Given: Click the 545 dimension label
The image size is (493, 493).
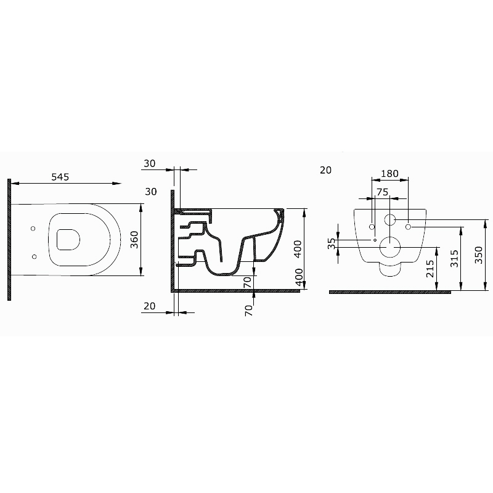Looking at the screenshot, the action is [60, 177].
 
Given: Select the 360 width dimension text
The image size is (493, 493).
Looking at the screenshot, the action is [134, 240].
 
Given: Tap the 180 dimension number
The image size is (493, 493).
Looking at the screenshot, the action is [389, 174].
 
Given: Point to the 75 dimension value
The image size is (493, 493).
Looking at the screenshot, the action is [382, 192].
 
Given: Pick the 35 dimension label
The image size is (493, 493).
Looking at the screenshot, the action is [332, 243].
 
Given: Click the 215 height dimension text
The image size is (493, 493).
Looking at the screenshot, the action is [430, 269].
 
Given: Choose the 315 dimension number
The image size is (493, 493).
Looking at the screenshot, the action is [454, 258].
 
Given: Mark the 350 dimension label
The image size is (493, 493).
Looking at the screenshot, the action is [478, 255].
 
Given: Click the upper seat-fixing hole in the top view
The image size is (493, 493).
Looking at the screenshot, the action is [33, 229].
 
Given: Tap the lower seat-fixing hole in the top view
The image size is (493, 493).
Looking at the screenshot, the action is [35, 256].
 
